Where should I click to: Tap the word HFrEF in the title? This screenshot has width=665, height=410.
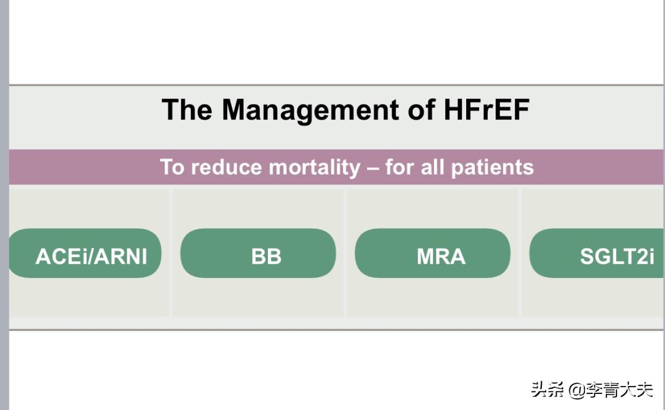486,110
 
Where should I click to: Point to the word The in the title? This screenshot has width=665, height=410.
187,110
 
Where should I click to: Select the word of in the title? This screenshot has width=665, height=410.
422,110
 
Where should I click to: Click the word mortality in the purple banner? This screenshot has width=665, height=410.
315,168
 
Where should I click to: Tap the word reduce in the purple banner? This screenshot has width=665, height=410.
227,168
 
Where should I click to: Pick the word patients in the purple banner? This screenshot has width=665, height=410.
493,168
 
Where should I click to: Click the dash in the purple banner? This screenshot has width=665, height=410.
373,168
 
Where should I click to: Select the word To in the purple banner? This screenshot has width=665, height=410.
172,168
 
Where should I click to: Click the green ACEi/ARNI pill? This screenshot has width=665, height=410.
85,253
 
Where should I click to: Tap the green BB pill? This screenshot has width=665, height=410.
258,253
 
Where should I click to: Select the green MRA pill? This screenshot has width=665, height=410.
433,253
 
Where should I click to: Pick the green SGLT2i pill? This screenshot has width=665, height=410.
597,253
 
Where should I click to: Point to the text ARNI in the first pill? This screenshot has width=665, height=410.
121,256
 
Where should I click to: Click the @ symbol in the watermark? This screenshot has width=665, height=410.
577,390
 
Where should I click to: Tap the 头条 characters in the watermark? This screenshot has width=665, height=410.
547,389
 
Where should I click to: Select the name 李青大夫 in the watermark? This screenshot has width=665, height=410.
619,390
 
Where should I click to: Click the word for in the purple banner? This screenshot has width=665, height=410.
400,168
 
